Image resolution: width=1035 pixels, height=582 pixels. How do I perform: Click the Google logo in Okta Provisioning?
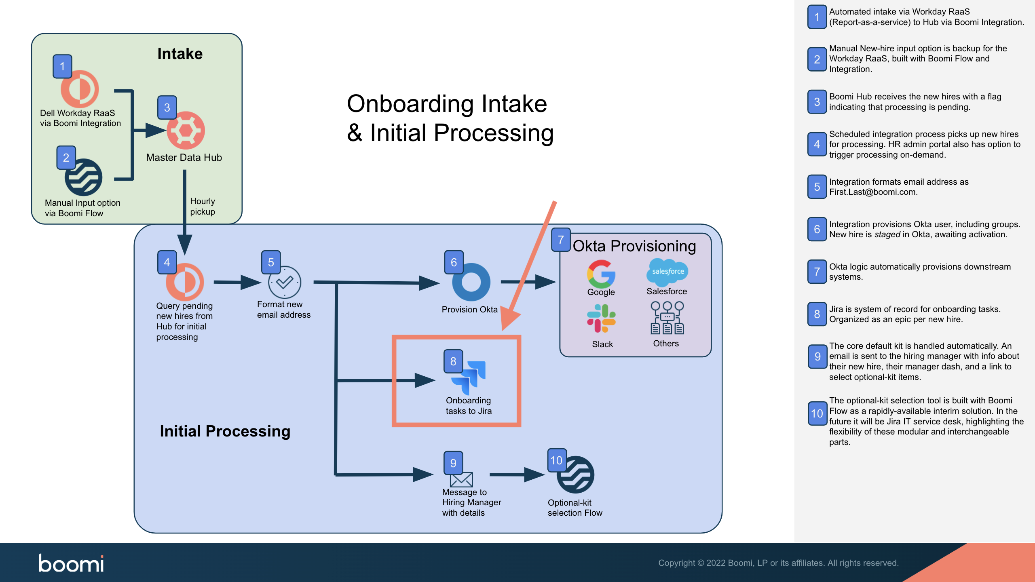click(601, 274)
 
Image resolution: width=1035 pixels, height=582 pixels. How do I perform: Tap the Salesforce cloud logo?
click(667, 272)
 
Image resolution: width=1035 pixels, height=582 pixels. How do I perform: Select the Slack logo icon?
click(601, 318)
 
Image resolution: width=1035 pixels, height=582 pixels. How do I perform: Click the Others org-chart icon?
click(667, 318)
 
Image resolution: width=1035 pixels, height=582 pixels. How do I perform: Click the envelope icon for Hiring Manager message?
click(461, 480)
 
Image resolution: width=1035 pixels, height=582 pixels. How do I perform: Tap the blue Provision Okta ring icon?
click(471, 282)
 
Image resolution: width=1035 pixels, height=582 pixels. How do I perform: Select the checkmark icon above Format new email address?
click(285, 282)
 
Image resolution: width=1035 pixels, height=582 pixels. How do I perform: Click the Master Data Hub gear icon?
click(186, 131)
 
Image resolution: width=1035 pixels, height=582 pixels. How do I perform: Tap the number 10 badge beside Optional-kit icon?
click(556, 460)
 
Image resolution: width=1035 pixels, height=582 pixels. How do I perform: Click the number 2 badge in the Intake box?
click(66, 158)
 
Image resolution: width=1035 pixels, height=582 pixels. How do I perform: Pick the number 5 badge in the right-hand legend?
click(817, 187)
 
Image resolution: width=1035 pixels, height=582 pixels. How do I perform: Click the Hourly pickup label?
click(203, 207)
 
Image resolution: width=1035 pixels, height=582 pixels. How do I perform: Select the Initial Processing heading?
click(225, 431)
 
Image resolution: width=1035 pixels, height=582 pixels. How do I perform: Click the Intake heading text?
click(180, 54)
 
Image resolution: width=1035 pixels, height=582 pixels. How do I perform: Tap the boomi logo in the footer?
click(71, 563)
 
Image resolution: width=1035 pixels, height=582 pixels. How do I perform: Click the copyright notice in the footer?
click(778, 563)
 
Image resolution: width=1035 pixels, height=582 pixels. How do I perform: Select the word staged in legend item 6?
click(887, 234)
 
